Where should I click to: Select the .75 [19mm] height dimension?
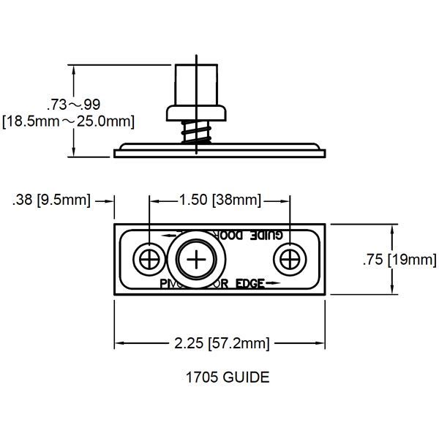[399, 260]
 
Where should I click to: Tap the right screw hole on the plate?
[289, 259]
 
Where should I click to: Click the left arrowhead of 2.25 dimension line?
[119, 342]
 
